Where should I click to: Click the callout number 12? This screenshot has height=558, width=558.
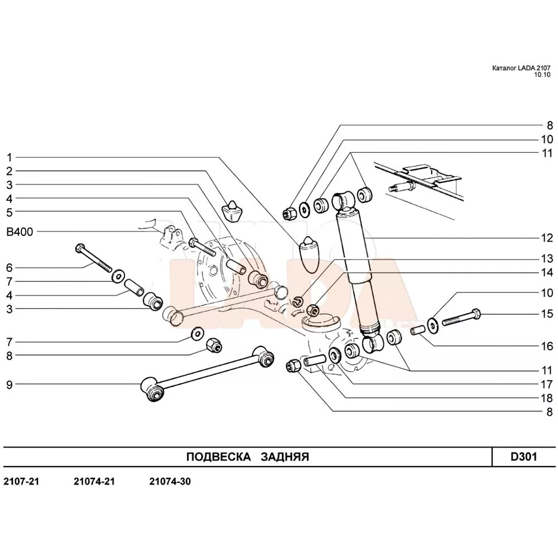pyautogui.click(x=546, y=238)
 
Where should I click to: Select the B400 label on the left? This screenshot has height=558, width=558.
pyautogui.click(x=20, y=232)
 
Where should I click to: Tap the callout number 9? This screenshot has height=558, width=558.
pyautogui.click(x=9, y=384)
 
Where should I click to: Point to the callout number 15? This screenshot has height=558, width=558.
pyautogui.click(x=546, y=314)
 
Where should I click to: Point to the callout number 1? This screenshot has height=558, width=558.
pyautogui.click(x=9, y=157)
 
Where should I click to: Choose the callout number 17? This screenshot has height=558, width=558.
pyautogui.click(x=546, y=384)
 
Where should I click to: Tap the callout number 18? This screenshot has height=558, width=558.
pyautogui.click(x=546, y=398)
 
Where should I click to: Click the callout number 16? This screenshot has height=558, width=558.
pyautogui.click(x=546, y=346)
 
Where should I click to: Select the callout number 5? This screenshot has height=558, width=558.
pyautogui.click(x=9, y=212)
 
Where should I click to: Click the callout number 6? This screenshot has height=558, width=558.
pyautogui.click(x=9, y=267)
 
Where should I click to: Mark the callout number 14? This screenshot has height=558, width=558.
pyautogui.click(x=546, y=273)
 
